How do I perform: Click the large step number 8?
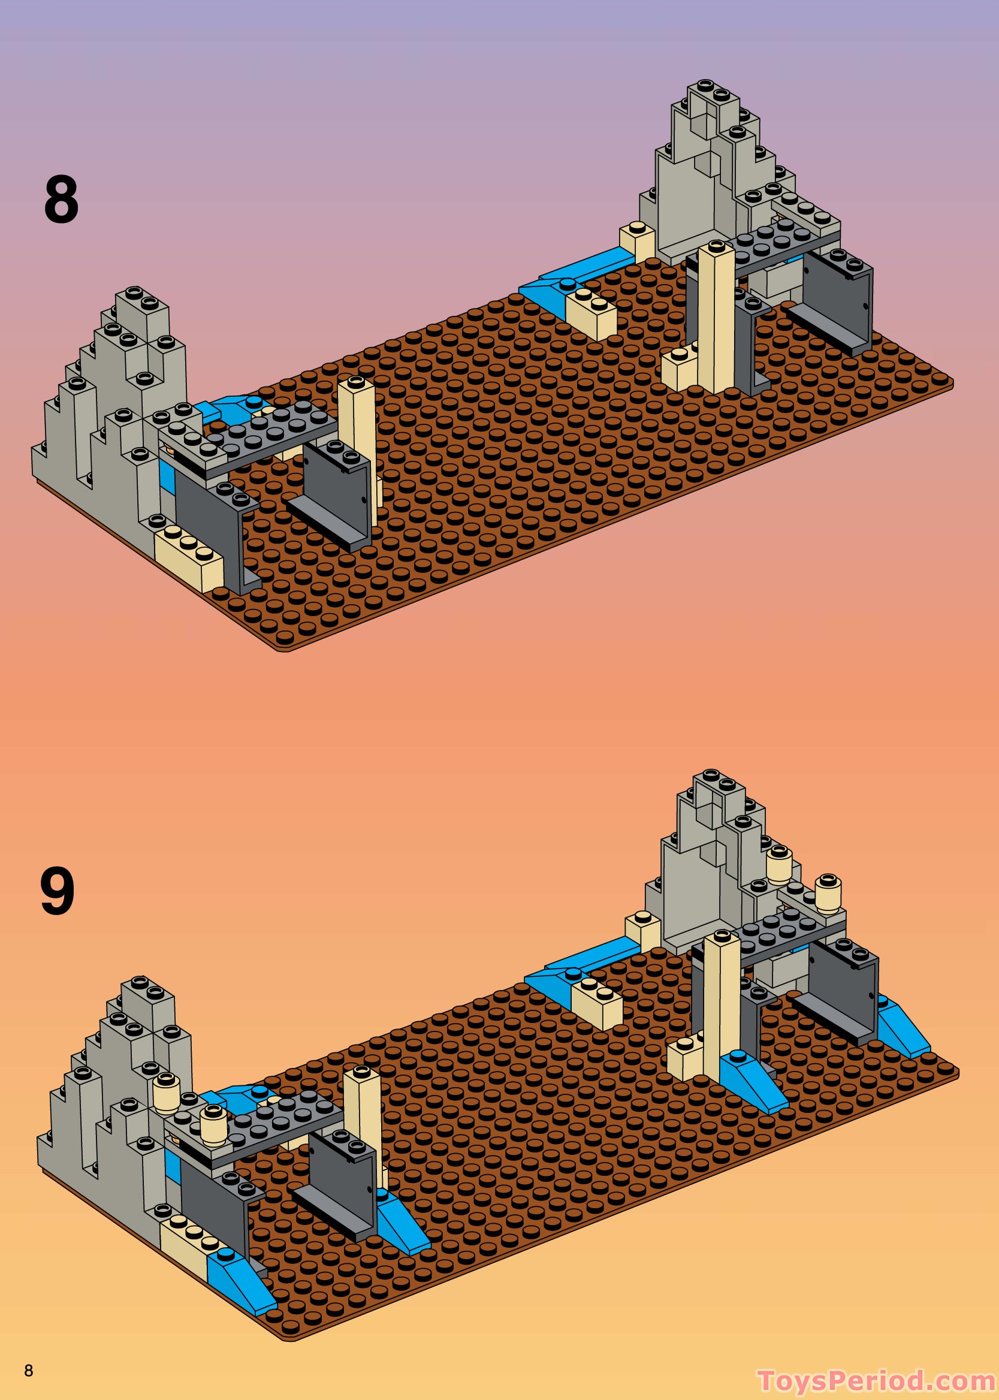[61, 199]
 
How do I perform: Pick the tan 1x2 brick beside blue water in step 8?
[591, 313]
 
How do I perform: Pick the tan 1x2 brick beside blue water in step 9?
[596, 1004]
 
